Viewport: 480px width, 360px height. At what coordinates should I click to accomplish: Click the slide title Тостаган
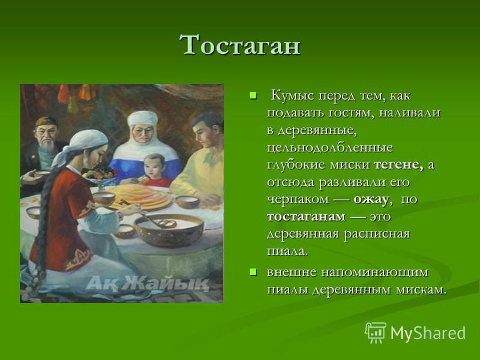pos(239,45)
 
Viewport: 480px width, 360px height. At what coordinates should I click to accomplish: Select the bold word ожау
pos(371,200)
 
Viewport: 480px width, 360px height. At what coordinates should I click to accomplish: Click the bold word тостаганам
pos(306,217)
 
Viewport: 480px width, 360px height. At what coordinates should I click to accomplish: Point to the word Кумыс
pos(293,96)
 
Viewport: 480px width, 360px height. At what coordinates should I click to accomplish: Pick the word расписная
pos(377,235)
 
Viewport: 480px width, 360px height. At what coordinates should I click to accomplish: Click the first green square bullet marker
pos(253,96)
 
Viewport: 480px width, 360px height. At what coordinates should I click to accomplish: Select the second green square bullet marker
pos(253,272)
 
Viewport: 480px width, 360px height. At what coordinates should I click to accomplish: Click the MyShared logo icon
pos(376,332)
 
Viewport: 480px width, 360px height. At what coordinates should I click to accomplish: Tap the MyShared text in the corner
pos(428,333)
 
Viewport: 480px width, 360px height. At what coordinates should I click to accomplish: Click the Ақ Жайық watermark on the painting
pos(148,283)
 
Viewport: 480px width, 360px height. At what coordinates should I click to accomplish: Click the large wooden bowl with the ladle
pos(169,230)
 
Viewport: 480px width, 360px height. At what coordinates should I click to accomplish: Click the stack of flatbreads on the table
pos(139,196)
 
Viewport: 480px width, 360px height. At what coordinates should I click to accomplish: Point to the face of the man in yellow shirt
pos(203,133)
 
